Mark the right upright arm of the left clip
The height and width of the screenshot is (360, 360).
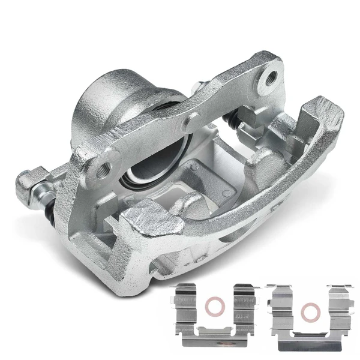(244, 306)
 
